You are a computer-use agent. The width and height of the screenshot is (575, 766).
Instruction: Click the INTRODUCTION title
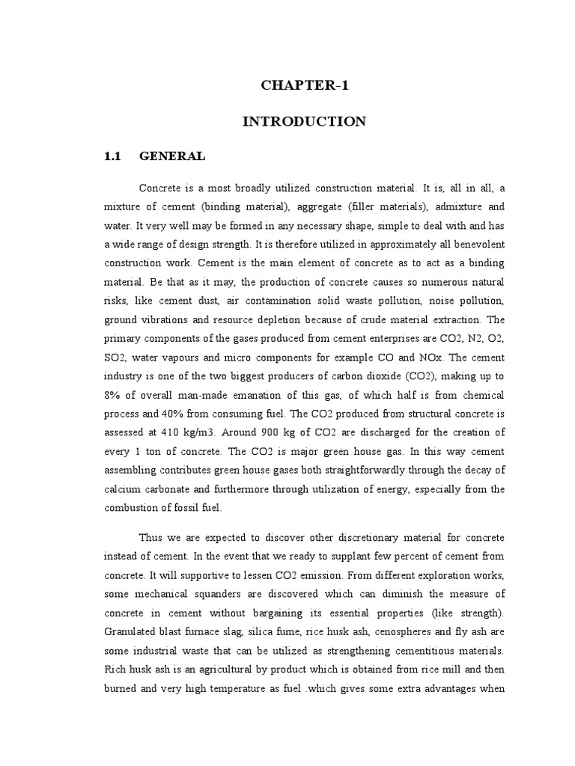pos(305,121)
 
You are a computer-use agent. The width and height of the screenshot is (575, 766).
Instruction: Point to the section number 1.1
pos(112,156)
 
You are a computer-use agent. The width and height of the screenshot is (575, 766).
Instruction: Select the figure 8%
pos(113,395)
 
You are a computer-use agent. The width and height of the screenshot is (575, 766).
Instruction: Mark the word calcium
pos(122,489)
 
